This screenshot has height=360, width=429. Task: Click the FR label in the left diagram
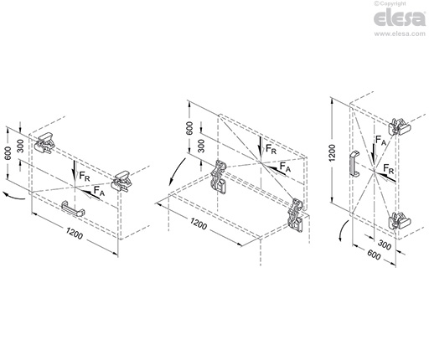pos(85,177)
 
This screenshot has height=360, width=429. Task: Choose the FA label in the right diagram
pos(381,142)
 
